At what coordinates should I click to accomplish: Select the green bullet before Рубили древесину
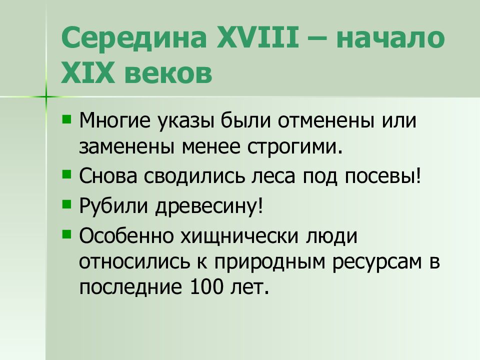[66, 203]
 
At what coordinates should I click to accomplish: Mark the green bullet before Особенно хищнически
[66, 232]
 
